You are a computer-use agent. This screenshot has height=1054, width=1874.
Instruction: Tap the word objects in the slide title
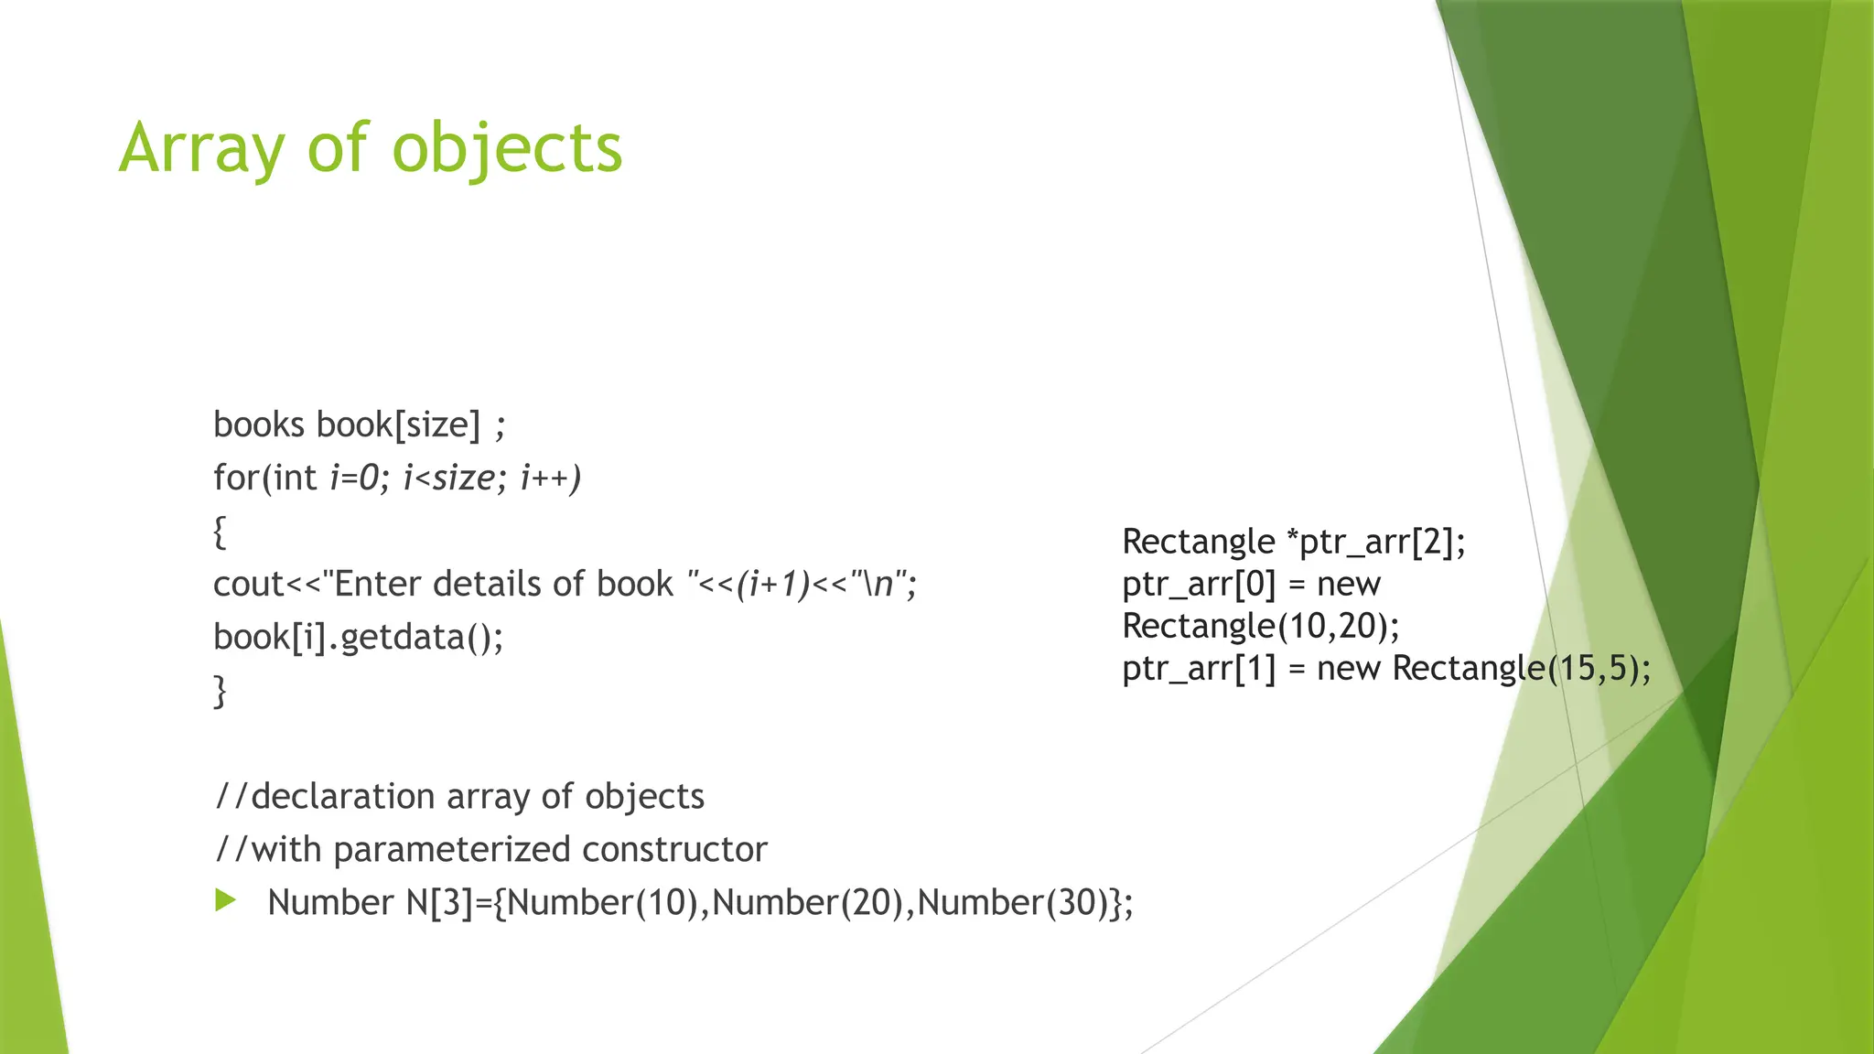508,148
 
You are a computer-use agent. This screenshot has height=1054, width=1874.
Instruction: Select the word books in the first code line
259,425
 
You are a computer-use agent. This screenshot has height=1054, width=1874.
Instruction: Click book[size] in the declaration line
398,425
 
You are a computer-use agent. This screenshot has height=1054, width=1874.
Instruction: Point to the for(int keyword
264,478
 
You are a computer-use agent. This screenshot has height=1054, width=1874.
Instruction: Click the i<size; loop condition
454,478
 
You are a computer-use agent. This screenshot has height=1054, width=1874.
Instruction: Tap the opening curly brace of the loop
220,532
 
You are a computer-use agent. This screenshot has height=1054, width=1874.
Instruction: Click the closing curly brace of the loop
220,691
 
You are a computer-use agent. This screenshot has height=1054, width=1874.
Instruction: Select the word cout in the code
249,584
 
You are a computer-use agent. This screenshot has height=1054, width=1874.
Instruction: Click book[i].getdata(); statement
358,637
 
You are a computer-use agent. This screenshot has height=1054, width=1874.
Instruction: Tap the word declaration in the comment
342,796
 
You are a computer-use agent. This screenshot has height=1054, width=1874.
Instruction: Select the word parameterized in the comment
452,849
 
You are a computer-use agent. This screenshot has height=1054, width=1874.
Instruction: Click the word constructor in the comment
674,849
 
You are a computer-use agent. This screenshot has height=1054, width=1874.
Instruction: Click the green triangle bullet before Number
225,900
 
